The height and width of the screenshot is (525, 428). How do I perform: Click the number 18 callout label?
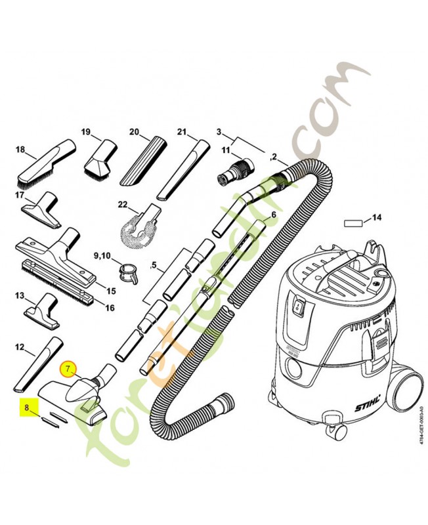(20, 150)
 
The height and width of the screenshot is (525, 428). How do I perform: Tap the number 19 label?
(86, 132)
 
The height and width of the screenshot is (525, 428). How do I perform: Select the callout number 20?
(134, 132)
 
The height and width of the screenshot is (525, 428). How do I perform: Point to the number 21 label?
(182, 132)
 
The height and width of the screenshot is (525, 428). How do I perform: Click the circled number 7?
(67, 369)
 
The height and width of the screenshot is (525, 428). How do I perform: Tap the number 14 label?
(377, 217)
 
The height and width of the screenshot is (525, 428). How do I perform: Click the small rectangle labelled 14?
(354, 223)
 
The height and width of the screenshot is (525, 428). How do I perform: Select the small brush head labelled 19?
(100, 158)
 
